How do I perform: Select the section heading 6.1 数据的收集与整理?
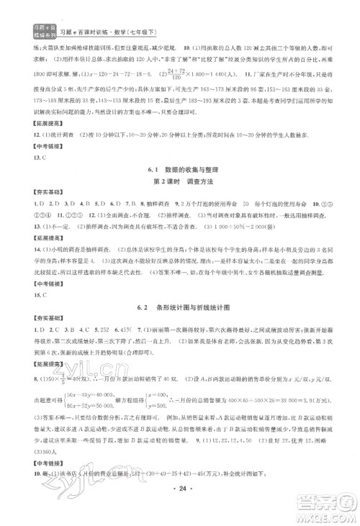click(x=180, y=167)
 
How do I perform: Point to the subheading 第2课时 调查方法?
click(x=180, y=180)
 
